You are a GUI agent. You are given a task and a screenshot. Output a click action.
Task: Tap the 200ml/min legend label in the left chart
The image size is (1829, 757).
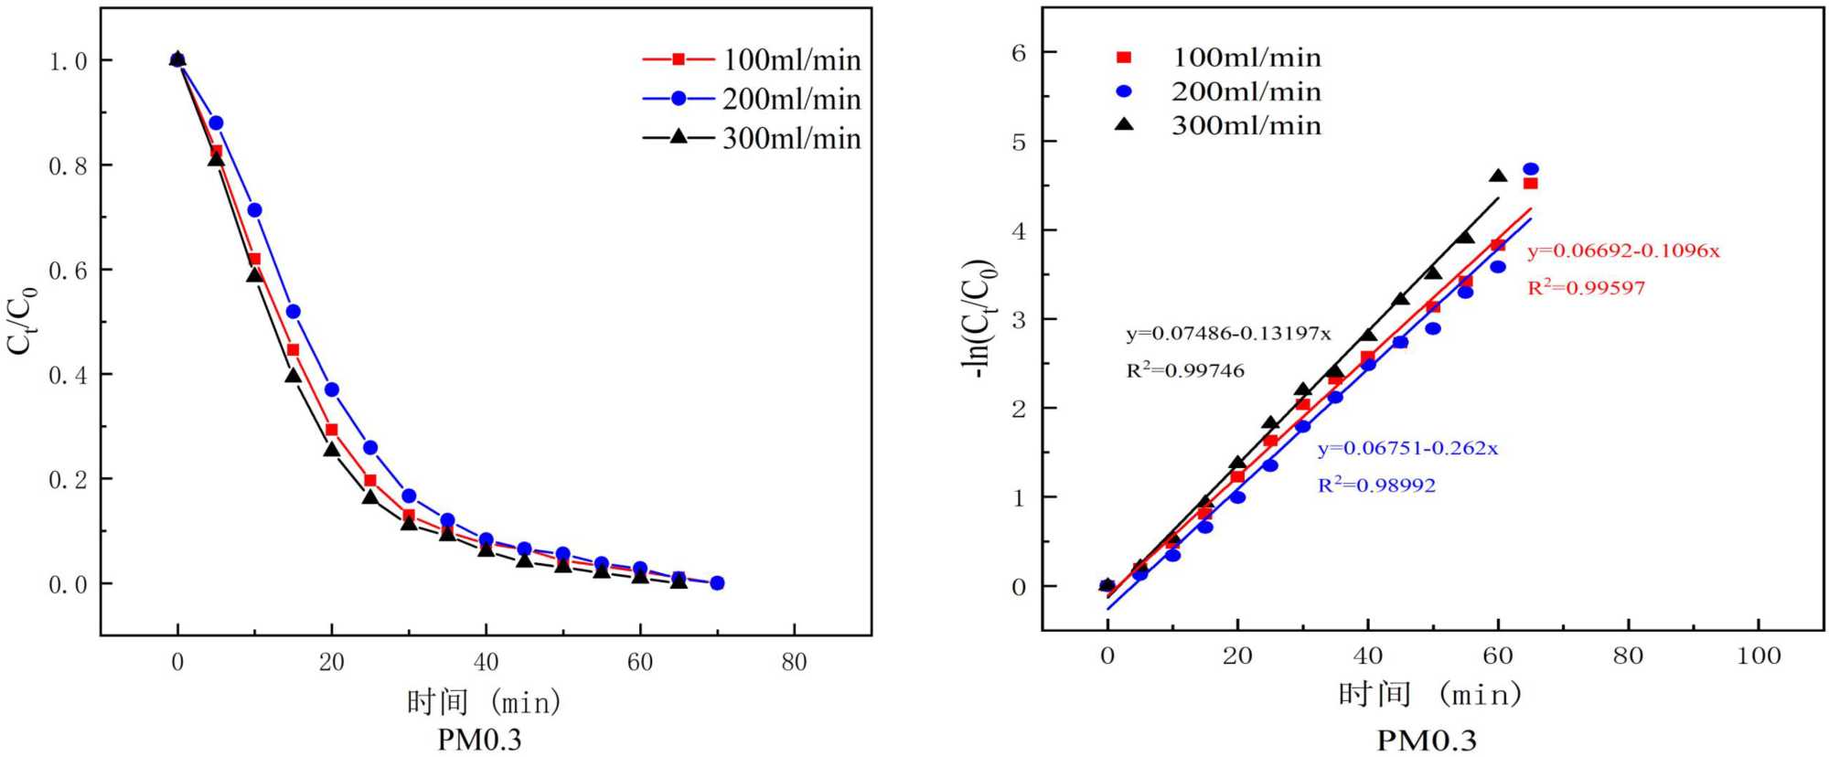tap(791, 99)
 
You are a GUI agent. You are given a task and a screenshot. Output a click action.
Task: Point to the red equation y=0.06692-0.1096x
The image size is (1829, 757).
tap(1623, 251)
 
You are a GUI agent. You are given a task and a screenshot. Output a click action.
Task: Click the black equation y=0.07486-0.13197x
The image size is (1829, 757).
tap(1228, 333)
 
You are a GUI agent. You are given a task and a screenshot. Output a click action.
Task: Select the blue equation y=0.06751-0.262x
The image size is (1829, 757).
tap(1407, 448)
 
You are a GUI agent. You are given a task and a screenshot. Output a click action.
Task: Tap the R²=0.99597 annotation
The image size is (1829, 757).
tap(1586, 288)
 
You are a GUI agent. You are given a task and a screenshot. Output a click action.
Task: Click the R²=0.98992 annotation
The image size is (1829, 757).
tap(1376, 485)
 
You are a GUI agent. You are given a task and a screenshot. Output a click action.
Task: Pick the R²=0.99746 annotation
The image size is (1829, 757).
tap(1185, 370)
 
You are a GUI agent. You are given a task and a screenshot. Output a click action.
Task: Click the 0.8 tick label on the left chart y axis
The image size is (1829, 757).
tap(68, 165)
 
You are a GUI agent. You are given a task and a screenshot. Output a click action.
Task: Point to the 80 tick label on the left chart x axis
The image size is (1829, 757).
tap(794, 662)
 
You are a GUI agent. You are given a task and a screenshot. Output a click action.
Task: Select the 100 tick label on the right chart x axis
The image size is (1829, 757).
tap(1759, 656)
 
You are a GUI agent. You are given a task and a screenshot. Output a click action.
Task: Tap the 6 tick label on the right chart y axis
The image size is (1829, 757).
tap(1019, 53)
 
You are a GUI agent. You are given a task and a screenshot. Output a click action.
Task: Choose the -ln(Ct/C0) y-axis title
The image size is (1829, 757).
tap(977, 318)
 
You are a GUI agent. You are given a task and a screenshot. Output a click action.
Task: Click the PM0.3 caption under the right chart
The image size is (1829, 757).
tap(1427, 740)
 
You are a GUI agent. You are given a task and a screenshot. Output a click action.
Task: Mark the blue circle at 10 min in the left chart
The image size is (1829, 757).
tap(254, 210)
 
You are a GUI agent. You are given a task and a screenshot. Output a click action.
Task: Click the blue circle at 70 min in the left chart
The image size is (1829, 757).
tap(717, 583)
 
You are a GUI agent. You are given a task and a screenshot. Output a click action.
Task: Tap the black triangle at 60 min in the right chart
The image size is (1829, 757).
tap(1498, 176)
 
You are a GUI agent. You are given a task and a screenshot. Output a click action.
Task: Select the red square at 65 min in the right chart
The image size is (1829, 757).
tap(1530, 184)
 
